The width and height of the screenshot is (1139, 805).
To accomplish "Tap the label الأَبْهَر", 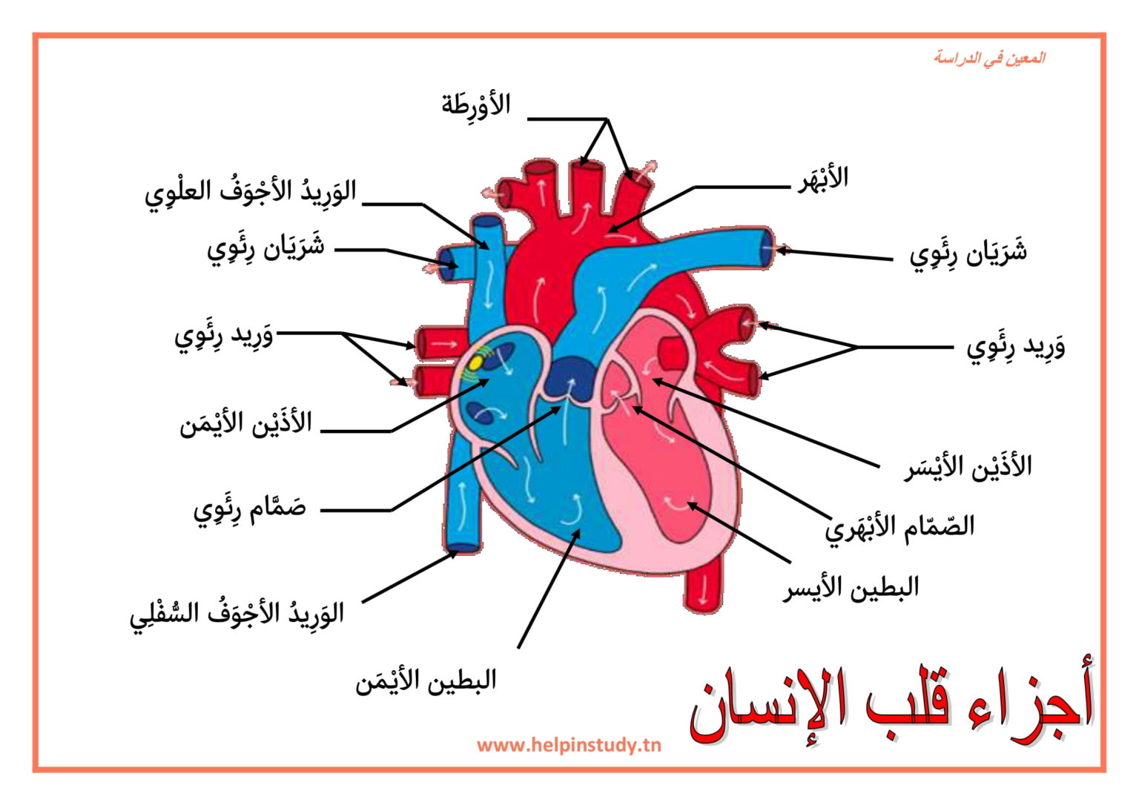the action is [x=822, y=179].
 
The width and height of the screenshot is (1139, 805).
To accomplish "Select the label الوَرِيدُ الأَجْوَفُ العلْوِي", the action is [x=250, y=195].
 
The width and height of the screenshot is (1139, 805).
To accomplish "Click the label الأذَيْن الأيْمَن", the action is [x=245, y=423].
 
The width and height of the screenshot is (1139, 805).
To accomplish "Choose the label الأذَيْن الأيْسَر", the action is [x=968, y=466].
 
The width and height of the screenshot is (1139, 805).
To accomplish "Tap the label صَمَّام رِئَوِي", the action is [x=250, y=510].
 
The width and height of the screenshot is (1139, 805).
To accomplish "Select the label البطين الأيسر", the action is [x=851, y=589].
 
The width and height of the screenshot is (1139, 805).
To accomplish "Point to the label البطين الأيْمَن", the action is [x=426, y=681].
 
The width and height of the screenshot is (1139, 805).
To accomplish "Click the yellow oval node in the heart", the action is [x=475, y=363].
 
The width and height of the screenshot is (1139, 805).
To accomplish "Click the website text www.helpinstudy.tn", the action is [x=569, y=746].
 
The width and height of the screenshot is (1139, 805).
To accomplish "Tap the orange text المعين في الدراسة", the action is [x=989, y=58].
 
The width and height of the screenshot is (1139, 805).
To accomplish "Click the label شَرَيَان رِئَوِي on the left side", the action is [x=265, y=250].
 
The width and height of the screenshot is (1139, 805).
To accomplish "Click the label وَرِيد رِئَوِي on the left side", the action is [x=224, y=337].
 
